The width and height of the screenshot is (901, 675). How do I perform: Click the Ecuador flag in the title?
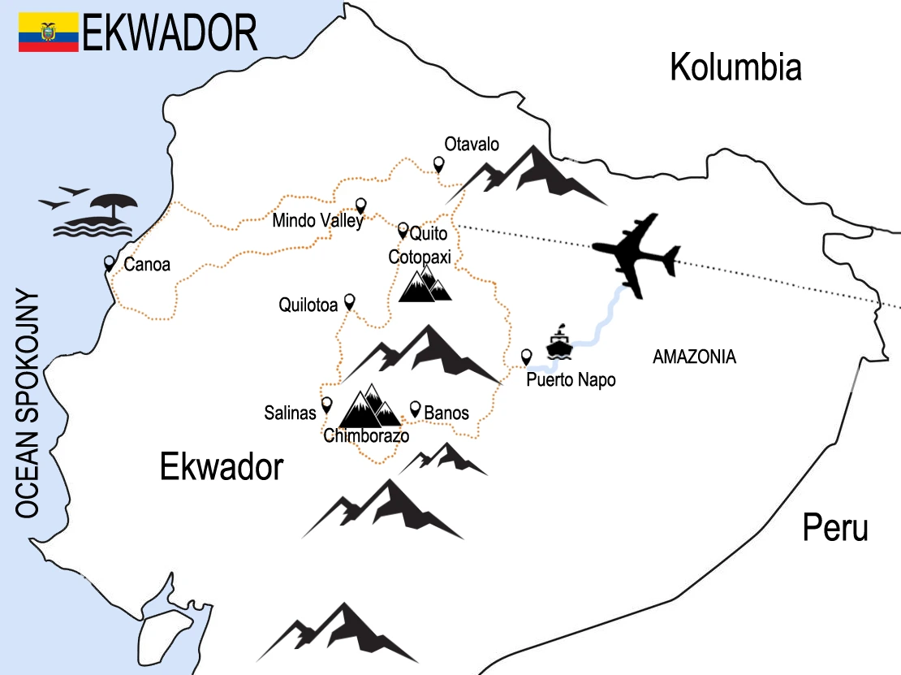click(49, 32)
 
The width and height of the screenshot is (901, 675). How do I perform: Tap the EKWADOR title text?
click(170, 33)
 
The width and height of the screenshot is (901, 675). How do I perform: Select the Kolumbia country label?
click(735, 67)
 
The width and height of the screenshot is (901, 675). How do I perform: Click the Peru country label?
click(835, 528)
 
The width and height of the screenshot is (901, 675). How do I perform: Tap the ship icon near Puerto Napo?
click(559, 344)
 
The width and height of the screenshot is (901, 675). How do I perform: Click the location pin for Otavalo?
click(439, 165)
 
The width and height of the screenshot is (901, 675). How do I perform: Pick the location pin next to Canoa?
click(110, 263)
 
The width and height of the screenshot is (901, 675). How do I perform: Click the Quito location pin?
click(403, 230)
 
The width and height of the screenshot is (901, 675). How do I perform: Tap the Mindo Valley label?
click(317, 220)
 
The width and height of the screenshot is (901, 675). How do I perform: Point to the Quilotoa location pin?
click(350, 301)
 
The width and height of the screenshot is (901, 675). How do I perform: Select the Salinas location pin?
click(327, 404)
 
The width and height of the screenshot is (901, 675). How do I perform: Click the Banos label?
click(446, 413)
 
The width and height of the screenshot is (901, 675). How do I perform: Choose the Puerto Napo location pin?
click(526, 356)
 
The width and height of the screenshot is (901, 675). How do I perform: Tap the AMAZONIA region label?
click(694, 357)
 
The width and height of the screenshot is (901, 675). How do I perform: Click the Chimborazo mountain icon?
click(369, 407)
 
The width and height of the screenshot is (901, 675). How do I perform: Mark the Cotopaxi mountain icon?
click(425, 283)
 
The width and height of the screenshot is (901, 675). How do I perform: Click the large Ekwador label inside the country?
click(222, 468)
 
